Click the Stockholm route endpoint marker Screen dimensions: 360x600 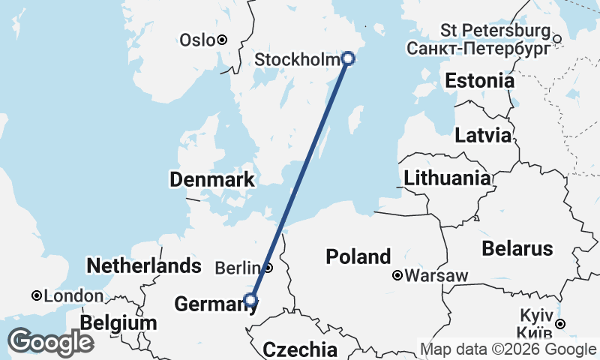[348, 58]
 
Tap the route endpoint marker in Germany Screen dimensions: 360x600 [250, 301]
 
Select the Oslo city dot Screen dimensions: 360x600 [222, 40]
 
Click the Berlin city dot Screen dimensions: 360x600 [268, 267]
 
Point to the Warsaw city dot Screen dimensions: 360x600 [397, 275]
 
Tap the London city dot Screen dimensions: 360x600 [36, 295]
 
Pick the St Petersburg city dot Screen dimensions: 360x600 [556, 38]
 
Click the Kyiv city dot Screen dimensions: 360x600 [559, 324]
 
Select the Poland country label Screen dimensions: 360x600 [358, 256]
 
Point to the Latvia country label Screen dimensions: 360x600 [483, 136]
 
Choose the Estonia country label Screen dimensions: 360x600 [480, 81]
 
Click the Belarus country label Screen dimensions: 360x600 [517, 248]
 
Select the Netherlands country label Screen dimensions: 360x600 [144, 265]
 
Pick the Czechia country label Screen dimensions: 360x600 [300, 349]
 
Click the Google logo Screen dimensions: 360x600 [50, 342]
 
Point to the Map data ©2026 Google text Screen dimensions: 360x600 [508, 349]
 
